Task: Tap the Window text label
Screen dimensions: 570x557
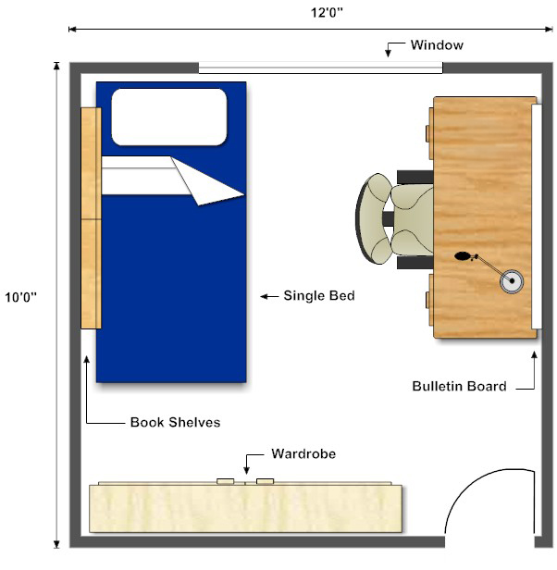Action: click(437, 44)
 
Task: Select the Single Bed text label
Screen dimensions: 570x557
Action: click(319, 296)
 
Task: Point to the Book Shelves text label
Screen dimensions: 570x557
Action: click(175, 423)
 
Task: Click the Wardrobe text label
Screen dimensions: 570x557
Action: click(303, 454)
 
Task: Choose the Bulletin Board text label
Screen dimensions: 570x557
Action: click(459, 386)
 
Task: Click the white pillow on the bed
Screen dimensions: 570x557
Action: click(169, 117)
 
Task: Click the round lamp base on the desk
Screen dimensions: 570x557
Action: click(511, 280)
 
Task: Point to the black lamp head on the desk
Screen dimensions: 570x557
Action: click(464, 256)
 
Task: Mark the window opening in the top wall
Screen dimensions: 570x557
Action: click(320, 68)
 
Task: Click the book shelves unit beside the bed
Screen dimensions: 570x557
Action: click(90, 217)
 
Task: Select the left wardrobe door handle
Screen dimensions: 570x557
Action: click(225, 481)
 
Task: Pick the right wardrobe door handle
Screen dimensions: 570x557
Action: click(266, 481)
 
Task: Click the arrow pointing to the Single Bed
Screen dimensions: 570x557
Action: click(269, 296)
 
